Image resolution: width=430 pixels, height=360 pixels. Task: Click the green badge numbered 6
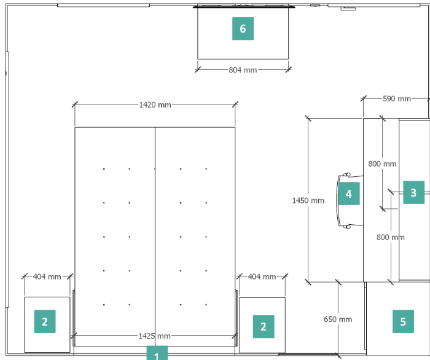[x=243, y=28]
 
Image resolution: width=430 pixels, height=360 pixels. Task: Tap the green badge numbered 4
[x=349, y=194]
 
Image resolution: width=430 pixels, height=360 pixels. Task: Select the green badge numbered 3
[x=414, y=192]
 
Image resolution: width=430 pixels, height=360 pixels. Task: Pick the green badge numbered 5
[x=403, y=321]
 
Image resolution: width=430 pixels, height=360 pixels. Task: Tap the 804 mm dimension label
[x=243, y=70]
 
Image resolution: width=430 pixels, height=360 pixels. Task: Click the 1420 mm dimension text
[x=155, y=105]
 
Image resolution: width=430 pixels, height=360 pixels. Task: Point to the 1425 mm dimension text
[x=154, y=336]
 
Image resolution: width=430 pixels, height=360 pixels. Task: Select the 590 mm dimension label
[x=397, y=99]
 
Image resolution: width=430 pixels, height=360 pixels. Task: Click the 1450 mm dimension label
[x=308, y=201]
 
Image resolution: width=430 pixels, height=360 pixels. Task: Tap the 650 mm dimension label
[x=338, y=319]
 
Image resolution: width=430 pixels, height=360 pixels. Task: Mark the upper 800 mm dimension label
[x=382, y=164]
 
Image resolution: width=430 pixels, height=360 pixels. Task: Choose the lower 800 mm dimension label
[x=391, y=237]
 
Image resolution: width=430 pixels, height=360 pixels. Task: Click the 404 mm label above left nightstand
[x=47, y=277]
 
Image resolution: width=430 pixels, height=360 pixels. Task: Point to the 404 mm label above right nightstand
[x=262, y=277]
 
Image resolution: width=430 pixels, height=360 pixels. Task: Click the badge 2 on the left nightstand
[x=45, y=321]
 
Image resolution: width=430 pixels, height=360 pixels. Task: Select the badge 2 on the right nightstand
[x=264, y=326]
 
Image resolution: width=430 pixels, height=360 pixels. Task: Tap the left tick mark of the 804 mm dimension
[x=198, y=69]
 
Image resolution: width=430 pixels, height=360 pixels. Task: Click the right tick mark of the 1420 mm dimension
[x=235, y=104]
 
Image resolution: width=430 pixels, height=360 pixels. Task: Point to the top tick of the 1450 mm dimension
[x=308, y=118]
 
